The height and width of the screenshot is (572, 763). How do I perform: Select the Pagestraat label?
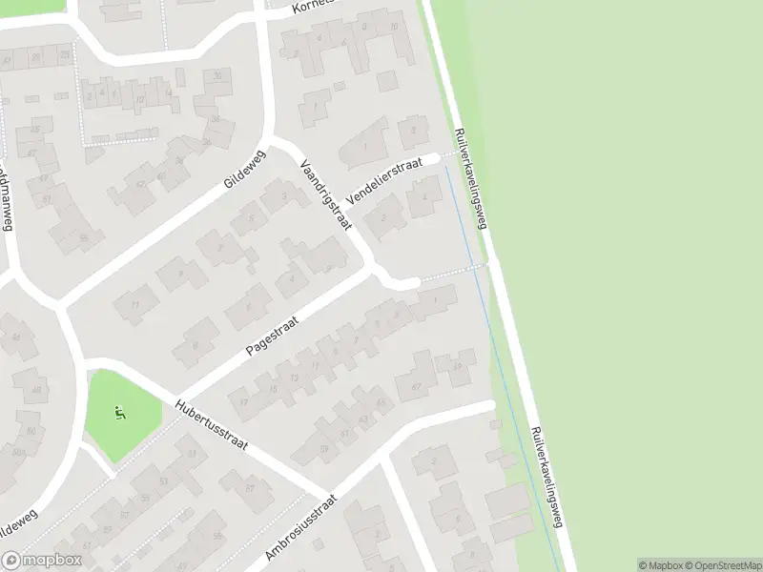tap(272, 337)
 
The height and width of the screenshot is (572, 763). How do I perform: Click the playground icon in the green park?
tap(119, 413)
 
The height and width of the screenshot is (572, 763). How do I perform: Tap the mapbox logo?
tap(42, 561)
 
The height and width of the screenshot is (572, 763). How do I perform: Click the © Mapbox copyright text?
tap(661, 565)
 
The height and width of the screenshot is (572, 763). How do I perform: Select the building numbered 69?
tap(463, 365)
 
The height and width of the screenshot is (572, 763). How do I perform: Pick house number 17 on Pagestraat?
tap(244, 403)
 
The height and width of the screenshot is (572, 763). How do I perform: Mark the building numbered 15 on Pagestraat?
tap(274, 389)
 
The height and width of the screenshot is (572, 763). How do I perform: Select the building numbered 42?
tap(141, 185)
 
